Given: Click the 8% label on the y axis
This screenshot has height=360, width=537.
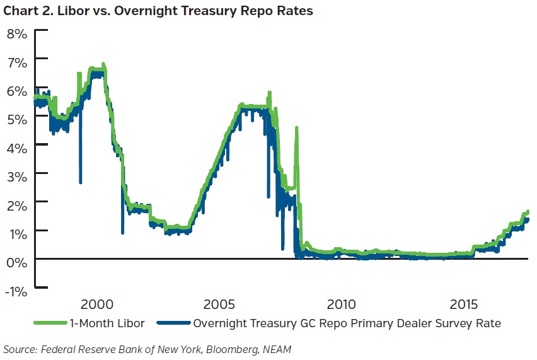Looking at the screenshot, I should (x=16, y=33).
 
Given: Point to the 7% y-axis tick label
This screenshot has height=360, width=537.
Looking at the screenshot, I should (x=16, y=62).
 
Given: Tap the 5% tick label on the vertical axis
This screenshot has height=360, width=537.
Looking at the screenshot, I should (x=16, y=119).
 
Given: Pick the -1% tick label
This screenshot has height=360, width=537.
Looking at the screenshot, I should (x=15, y=291).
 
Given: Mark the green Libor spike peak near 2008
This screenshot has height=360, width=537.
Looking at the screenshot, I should (x=296, y=128).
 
